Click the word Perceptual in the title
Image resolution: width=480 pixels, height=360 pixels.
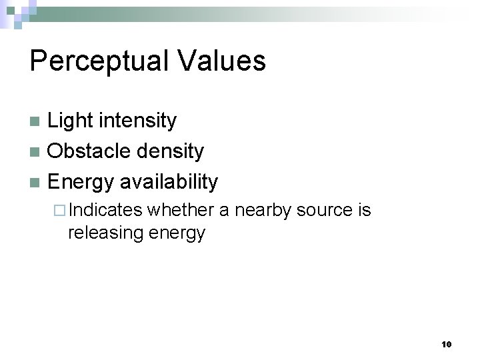[95, 61]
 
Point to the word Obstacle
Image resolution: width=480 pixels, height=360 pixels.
[89, 151]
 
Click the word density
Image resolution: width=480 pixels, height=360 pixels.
[170, 151]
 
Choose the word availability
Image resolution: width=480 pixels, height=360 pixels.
[169, 181]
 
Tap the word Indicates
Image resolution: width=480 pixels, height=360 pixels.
[105, 211]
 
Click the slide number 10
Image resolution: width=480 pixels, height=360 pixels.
[446, 344]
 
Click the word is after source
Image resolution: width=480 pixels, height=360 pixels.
[365, 211]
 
